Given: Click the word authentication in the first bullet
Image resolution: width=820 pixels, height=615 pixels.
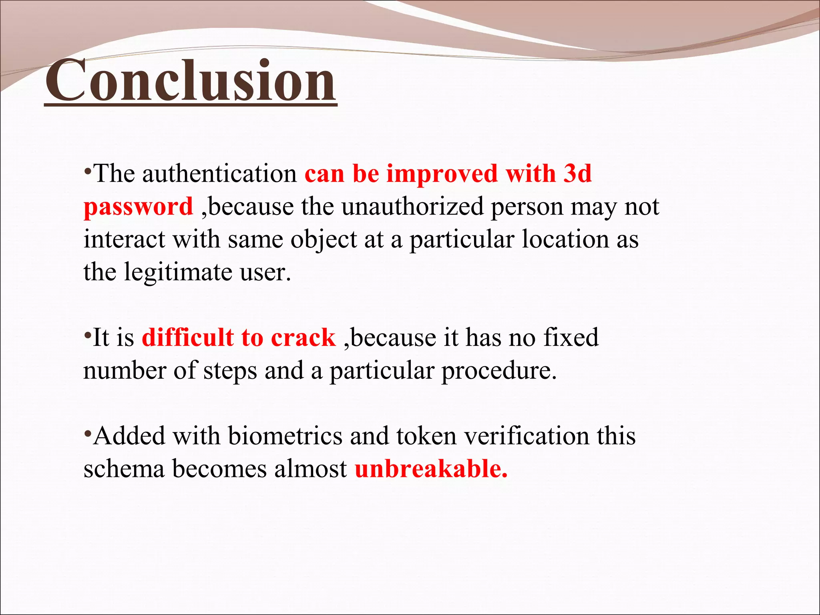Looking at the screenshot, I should coord(219,174).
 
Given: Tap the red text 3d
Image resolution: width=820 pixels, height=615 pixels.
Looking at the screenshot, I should coord(577,174).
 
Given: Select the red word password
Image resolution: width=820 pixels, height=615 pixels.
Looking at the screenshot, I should coord(139,207).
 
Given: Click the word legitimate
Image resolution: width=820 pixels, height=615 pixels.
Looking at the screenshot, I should coord(178,272).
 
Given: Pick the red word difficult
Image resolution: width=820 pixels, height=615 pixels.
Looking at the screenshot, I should coord(187,338).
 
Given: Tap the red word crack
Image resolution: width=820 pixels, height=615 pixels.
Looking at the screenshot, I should coord(303,338).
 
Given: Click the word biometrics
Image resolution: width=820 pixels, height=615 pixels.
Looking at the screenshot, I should coord(285,436).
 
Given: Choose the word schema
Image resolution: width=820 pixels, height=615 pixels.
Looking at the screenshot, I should coord(124,469).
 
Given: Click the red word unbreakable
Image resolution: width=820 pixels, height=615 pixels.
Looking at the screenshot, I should coord(430,469).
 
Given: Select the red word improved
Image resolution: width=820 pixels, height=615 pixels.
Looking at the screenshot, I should coord(442,175).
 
